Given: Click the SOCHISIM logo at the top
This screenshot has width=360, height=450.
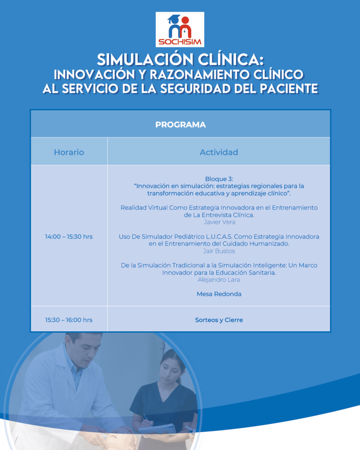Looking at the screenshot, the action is (180, 29).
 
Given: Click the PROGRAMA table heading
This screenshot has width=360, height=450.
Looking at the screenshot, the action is (181, 125).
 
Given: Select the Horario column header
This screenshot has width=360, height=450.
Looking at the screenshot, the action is (69, 152).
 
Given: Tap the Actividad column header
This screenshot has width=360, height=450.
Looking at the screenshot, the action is (219, 152).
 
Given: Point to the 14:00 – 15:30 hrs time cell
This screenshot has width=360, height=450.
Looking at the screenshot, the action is (69, 236).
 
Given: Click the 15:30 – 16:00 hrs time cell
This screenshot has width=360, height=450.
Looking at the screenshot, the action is (69, 320).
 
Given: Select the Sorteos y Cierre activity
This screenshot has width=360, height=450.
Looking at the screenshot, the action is (219, 320).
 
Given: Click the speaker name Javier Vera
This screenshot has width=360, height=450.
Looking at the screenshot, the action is (219, 222).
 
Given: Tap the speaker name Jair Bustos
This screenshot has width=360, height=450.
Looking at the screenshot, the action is (219, 251).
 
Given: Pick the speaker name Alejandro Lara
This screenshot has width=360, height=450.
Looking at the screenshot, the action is (219, 279).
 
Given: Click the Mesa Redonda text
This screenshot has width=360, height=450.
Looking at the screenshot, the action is (219, 294).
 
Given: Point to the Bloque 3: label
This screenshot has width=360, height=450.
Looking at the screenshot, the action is (219, 179).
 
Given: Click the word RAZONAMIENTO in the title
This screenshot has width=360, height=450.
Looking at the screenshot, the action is (200, 74).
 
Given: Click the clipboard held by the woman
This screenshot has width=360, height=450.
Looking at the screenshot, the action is (157, 428).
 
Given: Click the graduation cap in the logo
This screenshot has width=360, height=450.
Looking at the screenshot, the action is (174, 19).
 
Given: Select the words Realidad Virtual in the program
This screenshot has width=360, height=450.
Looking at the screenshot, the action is (144, 207).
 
